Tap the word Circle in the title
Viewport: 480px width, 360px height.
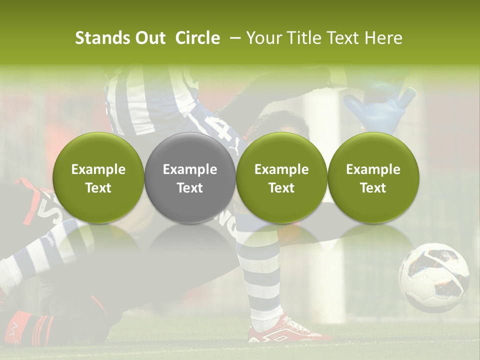pos(197,38)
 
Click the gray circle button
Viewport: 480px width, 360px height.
pos(190,178)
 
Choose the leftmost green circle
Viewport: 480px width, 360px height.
pos(98,178)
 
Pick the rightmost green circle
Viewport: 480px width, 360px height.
pos(373,178)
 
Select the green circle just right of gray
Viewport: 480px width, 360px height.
pos(281,178)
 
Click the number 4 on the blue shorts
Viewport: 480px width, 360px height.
pos(222,131)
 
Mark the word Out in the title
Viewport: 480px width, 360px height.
pos(149,38)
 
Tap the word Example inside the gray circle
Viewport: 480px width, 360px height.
pos(190,169)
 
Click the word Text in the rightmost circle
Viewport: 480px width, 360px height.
pos(373,188)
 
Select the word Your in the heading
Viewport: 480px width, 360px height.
pos(261,38)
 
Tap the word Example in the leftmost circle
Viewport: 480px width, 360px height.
pos(98,169)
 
